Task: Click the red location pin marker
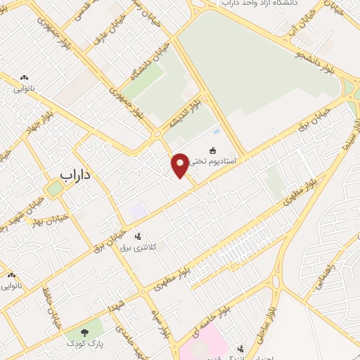tap(181, 165)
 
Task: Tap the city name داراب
tap(77, 173)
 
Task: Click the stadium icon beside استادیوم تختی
tap(212, 149)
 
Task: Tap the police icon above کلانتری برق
tap(137, 236)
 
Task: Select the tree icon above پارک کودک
tap(85, 330)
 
